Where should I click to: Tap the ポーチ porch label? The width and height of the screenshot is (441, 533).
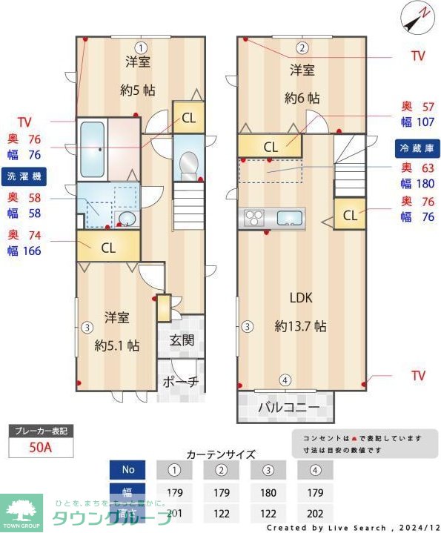click(x=181, y=382)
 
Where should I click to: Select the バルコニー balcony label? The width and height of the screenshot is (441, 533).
click(x=288, y=408)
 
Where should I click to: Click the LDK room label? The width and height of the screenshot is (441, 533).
click(x=300, y=298)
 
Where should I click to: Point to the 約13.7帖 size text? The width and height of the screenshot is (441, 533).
click(x=300, y=325)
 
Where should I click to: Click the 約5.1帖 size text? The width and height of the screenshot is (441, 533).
click(x=117, y=345)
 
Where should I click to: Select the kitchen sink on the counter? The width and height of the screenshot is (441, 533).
click(x=289, y=218)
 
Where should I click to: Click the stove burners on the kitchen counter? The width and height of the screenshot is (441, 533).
click(x=255, y=218)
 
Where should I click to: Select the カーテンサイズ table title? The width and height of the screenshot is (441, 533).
click(x=221, y=454)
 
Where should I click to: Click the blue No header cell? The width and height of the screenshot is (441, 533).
click(x=129, y=469)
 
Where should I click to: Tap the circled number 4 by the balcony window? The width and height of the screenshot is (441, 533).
click(x=285, y=380)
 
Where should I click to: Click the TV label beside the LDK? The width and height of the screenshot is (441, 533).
click(x=418, y=376)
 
